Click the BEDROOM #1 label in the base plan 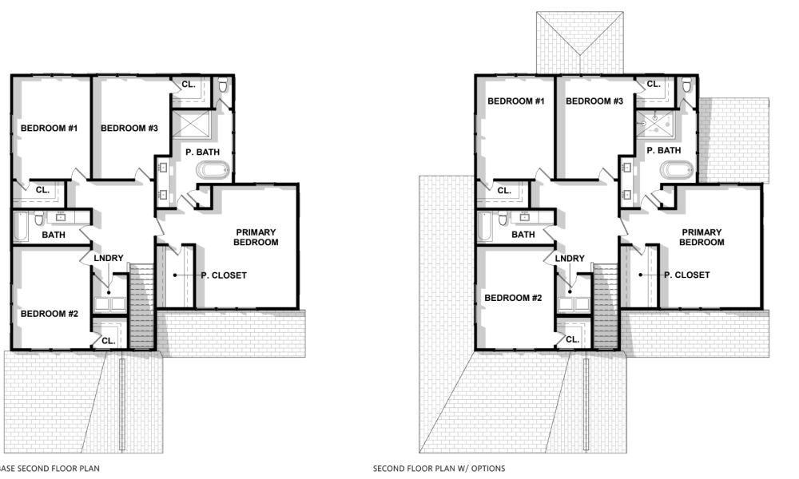pyautogui.click(x=49, y=129)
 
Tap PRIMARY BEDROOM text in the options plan pyautogui.click(x=702, y=237)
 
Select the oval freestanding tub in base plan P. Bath pyautogui.click(x=213, y=170)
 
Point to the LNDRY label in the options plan pyautogui.click(x=569, y=258)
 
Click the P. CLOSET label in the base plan pyautogui.click(x=223, y=275)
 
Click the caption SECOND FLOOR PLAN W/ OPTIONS pyautogui.click(x=439, y=469)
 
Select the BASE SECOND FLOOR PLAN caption pyautogui.click(x=50, y=469)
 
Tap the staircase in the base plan pyautogui.click(x=141, y=307)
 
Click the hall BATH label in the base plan pyautogui.click(x=54, y=235)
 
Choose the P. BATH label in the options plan pyautogui.click(x=663, y=150)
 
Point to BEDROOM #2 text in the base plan pyautogui.click(x=49, y=314)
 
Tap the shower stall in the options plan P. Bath pyautogui.click(x=654, y=122)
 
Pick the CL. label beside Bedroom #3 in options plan pyautogui.click(x=653, y=84)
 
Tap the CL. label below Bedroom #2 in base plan pyautogui.click(x=108, y=339)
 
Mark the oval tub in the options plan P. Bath pyautogui.click(x=677, y=170)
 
